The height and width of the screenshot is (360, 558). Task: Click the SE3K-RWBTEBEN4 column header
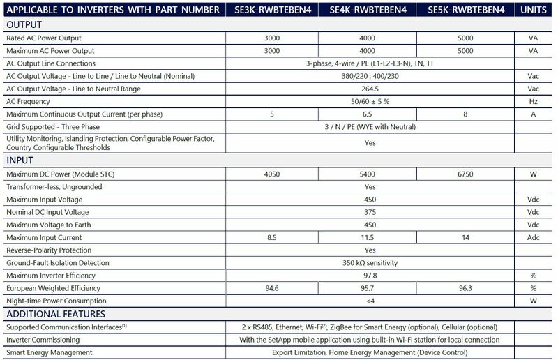click(270, 10)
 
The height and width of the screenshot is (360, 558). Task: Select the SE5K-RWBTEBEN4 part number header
click(465, 10)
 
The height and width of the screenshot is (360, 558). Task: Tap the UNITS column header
click(534, 10)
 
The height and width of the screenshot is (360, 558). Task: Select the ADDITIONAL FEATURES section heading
click(55, 314)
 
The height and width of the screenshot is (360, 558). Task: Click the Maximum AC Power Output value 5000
click(466, 51)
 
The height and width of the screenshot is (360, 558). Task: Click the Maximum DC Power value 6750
click(466, 173)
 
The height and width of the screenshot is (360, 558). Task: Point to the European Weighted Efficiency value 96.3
click(466, 288)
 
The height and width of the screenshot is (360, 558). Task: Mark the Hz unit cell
click(534, 101)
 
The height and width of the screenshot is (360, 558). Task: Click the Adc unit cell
click(534, 237)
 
